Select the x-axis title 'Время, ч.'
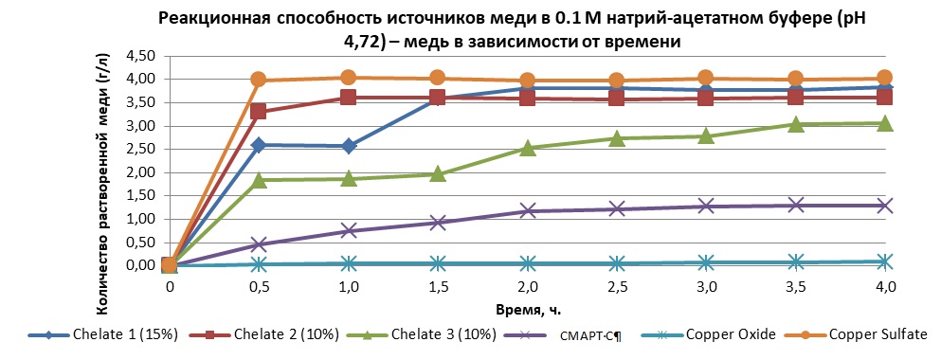[x=526, y=309]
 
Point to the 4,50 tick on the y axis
[x=138, y=56]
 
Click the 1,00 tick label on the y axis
[x=138, y=219]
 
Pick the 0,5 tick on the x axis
[x=259, y=287]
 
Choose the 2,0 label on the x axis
[x=527, y=287]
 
